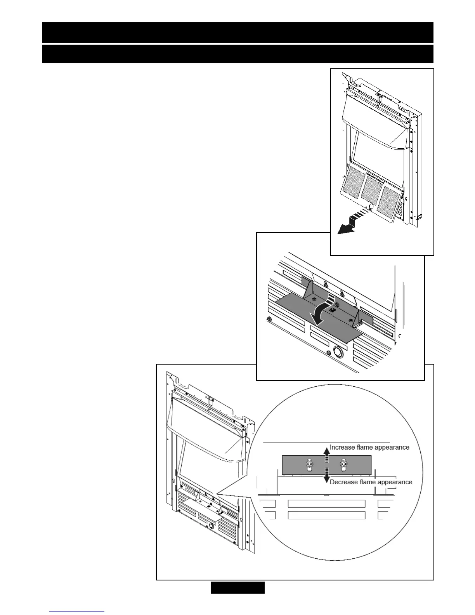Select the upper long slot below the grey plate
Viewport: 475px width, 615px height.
point(326,504)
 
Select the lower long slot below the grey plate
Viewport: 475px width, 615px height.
point(326,515)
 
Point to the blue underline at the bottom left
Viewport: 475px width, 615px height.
point(77,612)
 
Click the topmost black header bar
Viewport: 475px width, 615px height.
point(237,32)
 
